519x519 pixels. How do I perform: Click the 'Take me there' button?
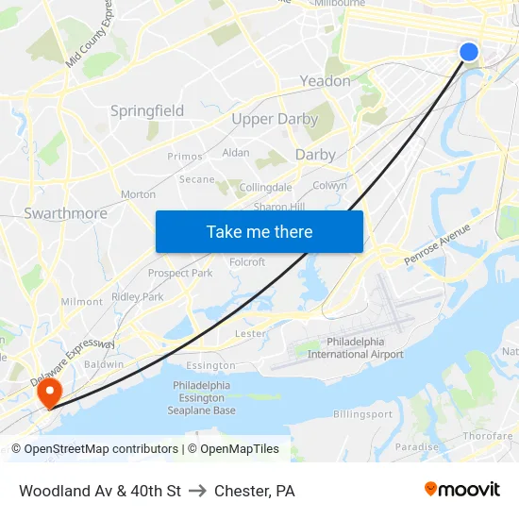[259, 231]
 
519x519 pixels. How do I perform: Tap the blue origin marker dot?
[468, 52]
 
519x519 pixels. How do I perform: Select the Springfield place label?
[147, 110]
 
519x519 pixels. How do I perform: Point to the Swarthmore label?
[65, 213]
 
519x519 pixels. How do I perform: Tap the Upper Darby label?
[275, 119]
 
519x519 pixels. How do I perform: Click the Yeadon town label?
[325, 81]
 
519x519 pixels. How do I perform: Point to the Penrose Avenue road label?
[437, 244]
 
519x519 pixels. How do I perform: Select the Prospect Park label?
[180, 274]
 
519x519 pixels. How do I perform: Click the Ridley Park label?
[138, 296]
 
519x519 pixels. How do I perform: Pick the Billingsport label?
[362, 414]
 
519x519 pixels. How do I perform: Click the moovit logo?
[461, 490]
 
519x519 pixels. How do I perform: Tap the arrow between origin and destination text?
[198, 491]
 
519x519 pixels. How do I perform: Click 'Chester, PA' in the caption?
[255, 491]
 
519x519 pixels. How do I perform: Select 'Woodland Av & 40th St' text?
[100, 491]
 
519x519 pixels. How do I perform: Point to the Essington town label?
[210, 365]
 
